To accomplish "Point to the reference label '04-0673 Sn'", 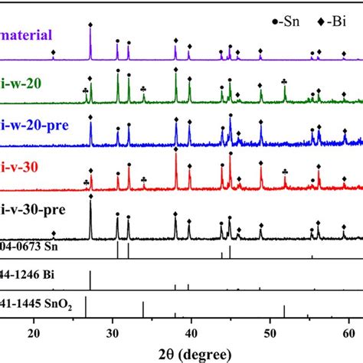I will [x=32, y=247].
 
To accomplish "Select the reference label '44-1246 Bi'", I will [x=31, y=274].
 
